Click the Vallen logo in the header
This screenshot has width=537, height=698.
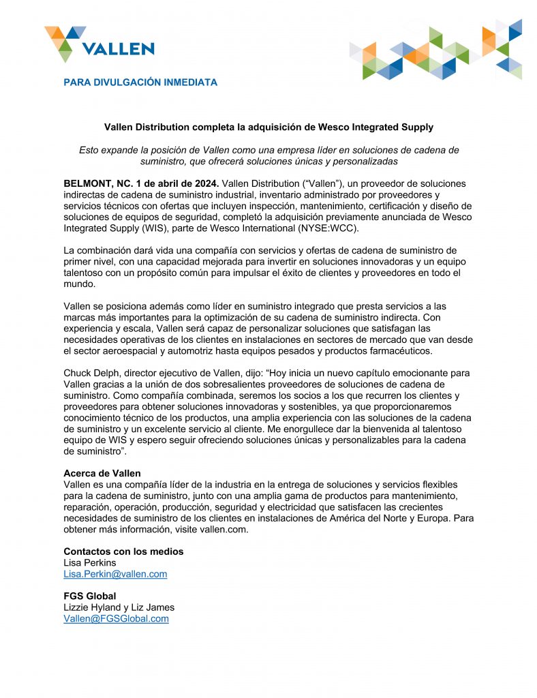point(99,42)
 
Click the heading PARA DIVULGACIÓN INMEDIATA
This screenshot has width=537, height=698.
point(140,82)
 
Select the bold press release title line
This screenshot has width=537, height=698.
point(268,127)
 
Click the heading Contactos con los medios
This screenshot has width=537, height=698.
point(123,551)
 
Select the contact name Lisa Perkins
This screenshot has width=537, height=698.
point(90,562)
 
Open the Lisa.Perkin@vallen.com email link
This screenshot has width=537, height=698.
point(115,574)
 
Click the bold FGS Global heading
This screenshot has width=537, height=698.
point(89,596)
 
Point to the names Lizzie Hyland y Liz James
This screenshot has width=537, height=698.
point(119,607)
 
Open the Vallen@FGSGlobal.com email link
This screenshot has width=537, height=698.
point(116,618)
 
